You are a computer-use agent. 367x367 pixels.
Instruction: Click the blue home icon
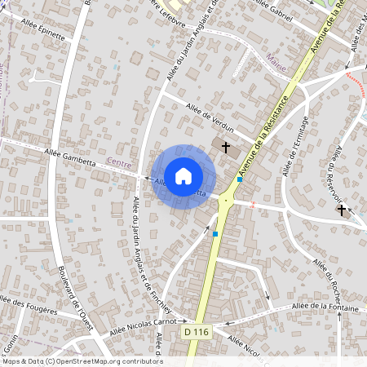click(183, 175)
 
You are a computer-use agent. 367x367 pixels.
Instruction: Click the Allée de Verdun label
click(210, 117)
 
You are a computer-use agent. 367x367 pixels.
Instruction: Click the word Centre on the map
click(119, 164)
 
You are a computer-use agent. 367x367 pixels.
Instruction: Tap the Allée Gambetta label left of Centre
click(69, 157)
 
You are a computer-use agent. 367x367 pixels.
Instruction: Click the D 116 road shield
click(196, 332)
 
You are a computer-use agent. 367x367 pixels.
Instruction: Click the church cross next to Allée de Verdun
click(226, 146)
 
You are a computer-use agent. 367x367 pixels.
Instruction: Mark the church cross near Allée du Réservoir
click(341, 210)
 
